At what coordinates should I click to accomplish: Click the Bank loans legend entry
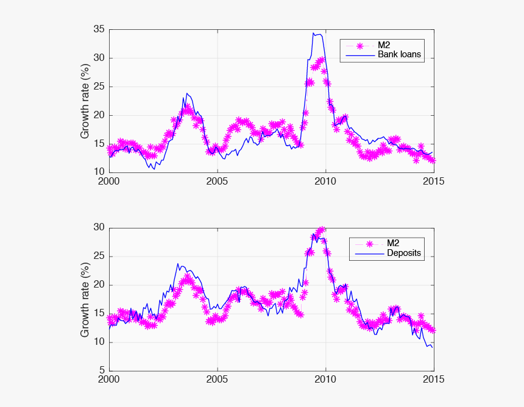(399, 54)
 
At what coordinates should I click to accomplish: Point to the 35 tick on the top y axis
(99, 29)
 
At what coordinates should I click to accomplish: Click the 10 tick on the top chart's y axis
(99, 172)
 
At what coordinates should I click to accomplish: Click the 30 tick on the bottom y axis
(99, 227)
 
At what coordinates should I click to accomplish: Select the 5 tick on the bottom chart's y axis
(102, 370)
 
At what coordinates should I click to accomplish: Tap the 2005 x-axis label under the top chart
(218, 181)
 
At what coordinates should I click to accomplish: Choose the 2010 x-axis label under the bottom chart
(325, 379)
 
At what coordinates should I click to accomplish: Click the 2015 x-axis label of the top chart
(434, 181)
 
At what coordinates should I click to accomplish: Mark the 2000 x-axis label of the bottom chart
(109, 379)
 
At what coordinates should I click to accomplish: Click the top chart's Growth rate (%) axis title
(86, 101)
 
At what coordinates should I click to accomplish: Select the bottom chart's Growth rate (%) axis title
(86, 299)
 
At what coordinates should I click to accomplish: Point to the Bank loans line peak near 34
(314, 33)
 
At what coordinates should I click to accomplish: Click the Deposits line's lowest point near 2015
(433, 347)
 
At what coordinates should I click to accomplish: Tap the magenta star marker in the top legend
(360, 45)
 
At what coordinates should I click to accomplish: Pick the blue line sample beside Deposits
(360, 253)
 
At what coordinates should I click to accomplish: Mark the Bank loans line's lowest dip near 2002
(154, 169)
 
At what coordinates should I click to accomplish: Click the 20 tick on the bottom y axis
(99, 285)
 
